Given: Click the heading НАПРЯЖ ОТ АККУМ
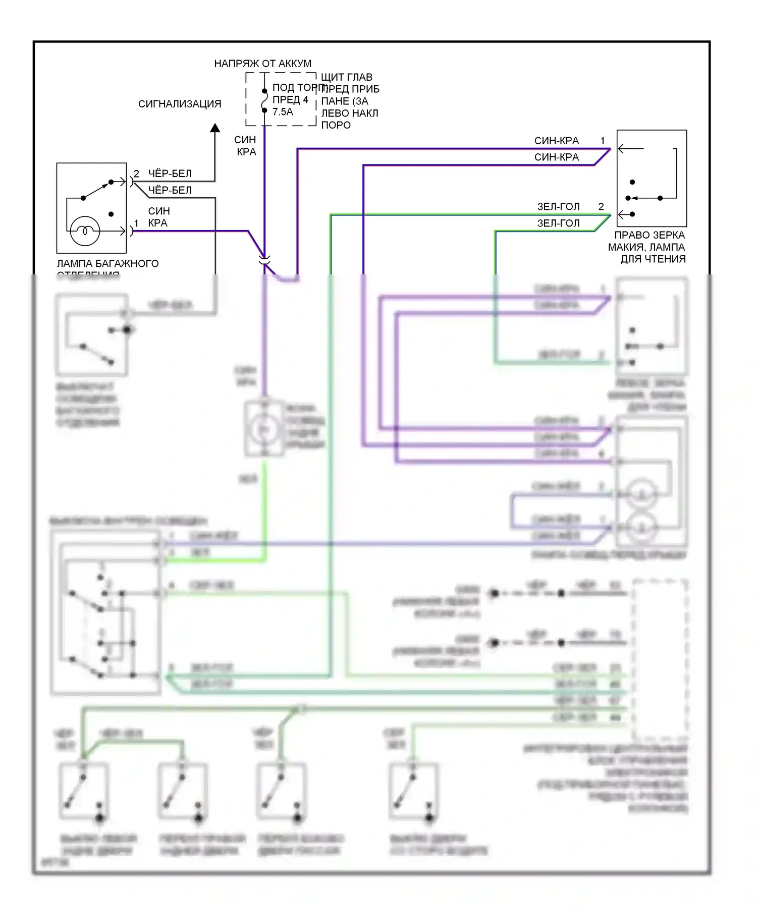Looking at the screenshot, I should (x=262, y=64).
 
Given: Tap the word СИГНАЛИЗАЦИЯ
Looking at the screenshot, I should (x=180, y=104).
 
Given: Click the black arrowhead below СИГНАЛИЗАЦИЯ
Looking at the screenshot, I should (x=215, y=128).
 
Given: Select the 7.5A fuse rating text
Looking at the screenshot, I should (x=283, y=112).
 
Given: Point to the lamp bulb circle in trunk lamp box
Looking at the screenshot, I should (x=85, y=231).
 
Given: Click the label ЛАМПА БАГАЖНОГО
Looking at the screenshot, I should (x=107, y=263).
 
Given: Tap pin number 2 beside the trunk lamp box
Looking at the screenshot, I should (x=136, y=174).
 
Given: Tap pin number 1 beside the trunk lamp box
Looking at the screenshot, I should (x=136, y=223).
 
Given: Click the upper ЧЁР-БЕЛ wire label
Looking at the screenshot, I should (x=170, y=174).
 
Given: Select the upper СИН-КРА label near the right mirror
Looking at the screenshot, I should (x=557, y=141).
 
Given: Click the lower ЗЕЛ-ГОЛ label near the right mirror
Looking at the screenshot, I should (x=558, y=223).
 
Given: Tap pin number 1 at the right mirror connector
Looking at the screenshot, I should (x=603, y=141).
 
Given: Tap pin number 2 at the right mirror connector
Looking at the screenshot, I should (x=601, y=206).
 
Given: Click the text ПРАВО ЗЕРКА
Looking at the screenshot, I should (x=650, y=235).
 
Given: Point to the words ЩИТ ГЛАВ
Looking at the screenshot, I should (x=347, y=77).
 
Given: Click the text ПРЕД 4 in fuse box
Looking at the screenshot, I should (x=290, y=100).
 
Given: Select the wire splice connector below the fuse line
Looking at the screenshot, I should (x=264, y=261).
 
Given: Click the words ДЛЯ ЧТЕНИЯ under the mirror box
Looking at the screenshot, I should (x=653, y=259).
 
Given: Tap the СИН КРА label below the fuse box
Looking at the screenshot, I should (x=246, y=146).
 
